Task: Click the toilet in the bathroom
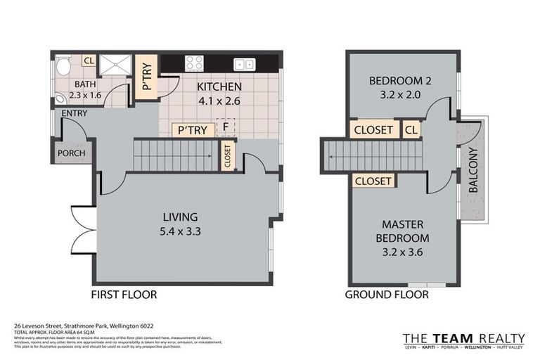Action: pos(64,67)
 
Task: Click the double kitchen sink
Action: pos(245,64)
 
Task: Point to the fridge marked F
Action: pos(225,127)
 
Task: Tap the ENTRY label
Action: pos(75,113)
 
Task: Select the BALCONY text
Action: pos(474,171)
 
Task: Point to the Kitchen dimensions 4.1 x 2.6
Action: pos(219,100)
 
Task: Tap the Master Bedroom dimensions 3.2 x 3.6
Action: pos(401,251)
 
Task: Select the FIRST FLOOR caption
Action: pos(124,294)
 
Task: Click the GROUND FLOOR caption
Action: pos(386,294)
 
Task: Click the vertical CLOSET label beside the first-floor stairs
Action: pos(227,155)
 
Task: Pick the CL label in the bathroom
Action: pos(89,61)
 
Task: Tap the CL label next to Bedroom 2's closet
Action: pos(411,130)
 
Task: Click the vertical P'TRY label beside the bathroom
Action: pos(147,77)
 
